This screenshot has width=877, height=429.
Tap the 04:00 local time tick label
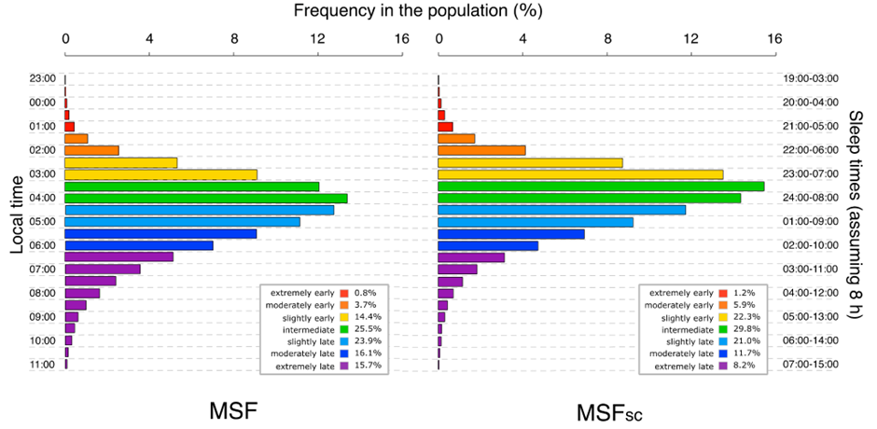pyautogui.click(x=42, y=198)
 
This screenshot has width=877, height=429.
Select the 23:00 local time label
pyautogui.click(x=42, y=78)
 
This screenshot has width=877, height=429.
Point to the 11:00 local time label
pyautogui.click(x=42, y=365)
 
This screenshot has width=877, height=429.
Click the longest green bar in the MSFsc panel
pyautogui.click(x=601, y=187)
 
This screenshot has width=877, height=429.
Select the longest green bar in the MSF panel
pyautogui.click(x=206, y=198)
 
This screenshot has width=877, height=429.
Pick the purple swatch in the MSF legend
pyautogui.click(x=344, y=366)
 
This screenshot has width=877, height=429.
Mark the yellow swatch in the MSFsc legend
pyautogui.click(x=723, y=317)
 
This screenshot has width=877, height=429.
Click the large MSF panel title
pyautogui.click(x=233, y=410)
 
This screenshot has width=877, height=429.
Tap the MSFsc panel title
pyautogui.click(x=609, y=412)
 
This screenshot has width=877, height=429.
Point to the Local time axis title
pyautogui.click(x=18, y=214)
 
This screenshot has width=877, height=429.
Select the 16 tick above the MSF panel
pyautogui.click(x=401, y=39)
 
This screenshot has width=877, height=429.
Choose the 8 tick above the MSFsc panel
pyautogui.click(x=607, y=39)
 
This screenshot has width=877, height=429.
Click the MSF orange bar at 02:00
pyautogui.click(x=91, y=150)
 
